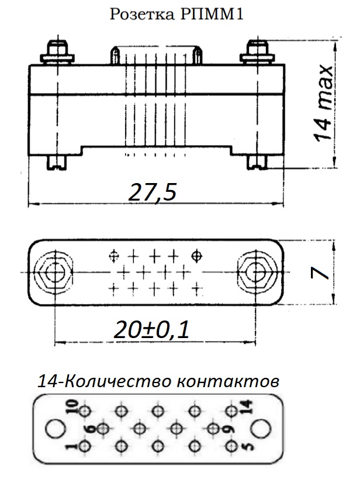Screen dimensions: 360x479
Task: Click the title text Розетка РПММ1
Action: (x=176, y=14)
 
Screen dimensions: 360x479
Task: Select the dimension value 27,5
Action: (x=153, y=192)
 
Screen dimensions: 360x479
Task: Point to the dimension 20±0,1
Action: (x=151, y=330)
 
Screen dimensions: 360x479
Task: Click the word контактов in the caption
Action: (x=228, y=382)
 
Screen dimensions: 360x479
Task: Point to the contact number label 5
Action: (x=248, y=447)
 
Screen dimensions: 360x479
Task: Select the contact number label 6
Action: (x=91, y=429)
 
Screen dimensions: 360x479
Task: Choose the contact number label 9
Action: (x=228, y=429)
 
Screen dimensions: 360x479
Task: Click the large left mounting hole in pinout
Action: (x=55, y=428)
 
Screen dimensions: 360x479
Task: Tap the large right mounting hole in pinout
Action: (x=261, y=428)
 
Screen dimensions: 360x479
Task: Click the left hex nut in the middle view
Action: (x=54, y=272)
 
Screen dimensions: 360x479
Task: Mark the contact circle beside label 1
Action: (x=84, y=447)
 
